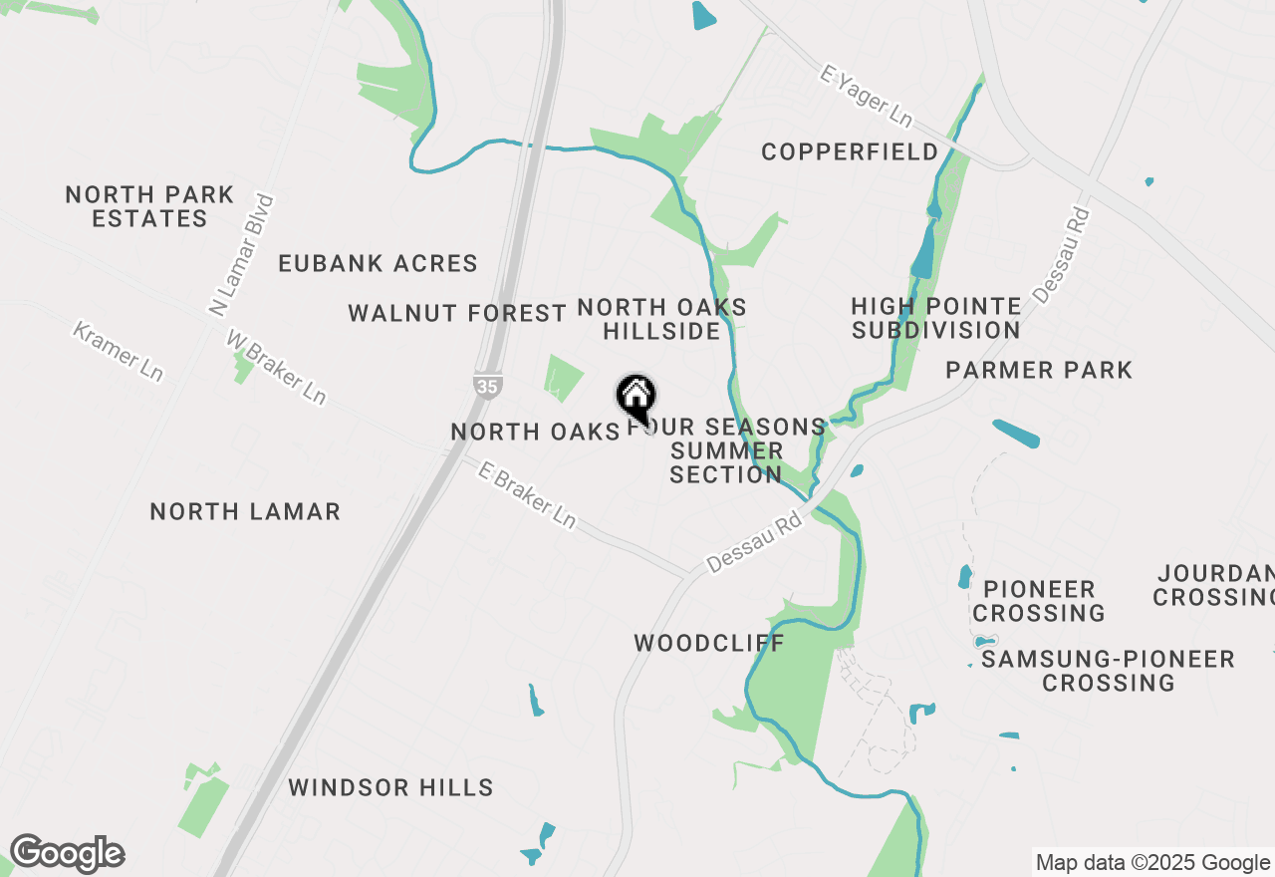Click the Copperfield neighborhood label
pyautogui.click(x=850, y=151)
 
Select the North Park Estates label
pyautogui.click(x=149, y=206)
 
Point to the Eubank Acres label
pyautogui.click(x=379, y=263)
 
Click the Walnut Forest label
pyautogui.click(x=457, y=313)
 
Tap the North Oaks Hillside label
pyautogui.click(x=661, y=319)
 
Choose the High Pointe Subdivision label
pyautogui.click(x=936, y=318)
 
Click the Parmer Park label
pyautogui.click(x=1039, y=370)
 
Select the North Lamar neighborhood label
pyautogui.click(x=245, y=511)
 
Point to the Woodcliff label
pyautogui.click(x=709, y=643)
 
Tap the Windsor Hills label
pyautogui.click(x=390, y=787)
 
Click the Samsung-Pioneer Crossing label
pyautogui.click(x=1108, y=671)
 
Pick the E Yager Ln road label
pyautogui.click(x=866, y=97)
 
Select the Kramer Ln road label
pyautogui.click(x=119, y=350)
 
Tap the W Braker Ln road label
pyautogui.click(x=276, y=367)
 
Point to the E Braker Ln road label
pyautogui.click(x=527, y=495)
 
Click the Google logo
pyautogui.click(x=67, y=853)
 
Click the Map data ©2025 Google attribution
pyautogui.click(x=1152, y=863)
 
